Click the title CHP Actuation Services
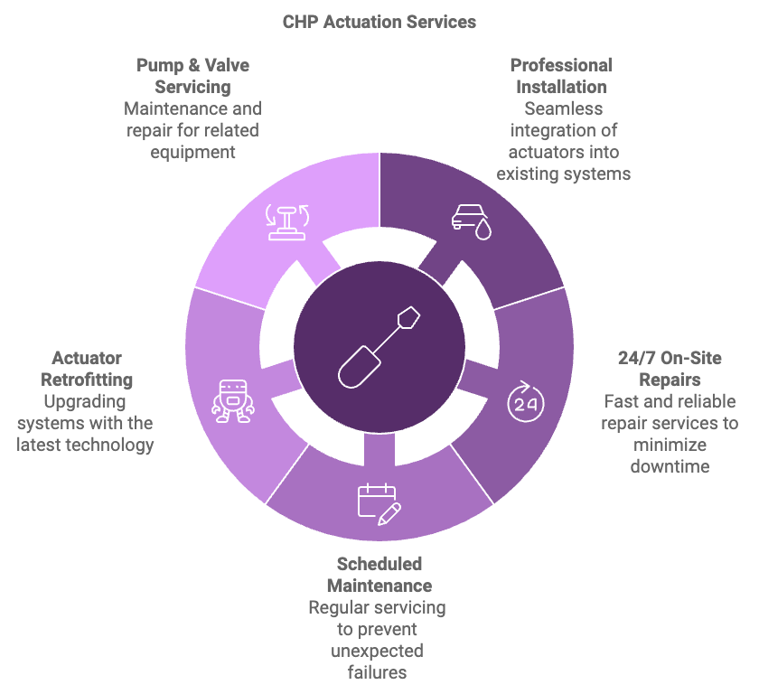pyautogui.click(x=379, y=21)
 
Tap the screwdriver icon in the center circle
pyautogui.click(x=379, y=346)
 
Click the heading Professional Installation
pyautogui.click(x=561, y=76)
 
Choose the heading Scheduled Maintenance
pyautogui.click(x=379, y=575)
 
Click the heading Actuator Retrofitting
pyautogui.click(x=87, y=369)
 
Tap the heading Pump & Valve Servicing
pyautogui.click(x=192, y=76)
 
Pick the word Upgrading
pyautogui.click(x=87, y=401)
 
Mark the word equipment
pyautogui.click(x=192, y=152)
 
